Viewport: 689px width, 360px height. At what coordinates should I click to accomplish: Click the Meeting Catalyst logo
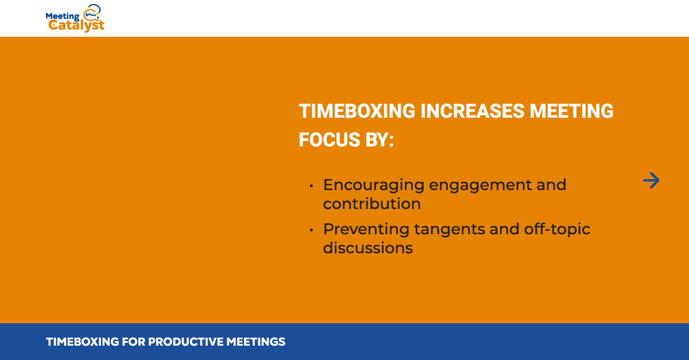coord(75,18)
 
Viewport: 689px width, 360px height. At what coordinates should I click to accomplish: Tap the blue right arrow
coord(651,180)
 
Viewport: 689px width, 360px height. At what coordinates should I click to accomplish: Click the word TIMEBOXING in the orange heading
coord(357,111)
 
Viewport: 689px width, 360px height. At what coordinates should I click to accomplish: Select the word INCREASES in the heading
coord(473,111)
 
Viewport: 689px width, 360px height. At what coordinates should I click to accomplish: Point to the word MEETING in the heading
coord(571,111)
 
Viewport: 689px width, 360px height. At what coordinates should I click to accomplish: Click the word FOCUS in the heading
coord(330,140)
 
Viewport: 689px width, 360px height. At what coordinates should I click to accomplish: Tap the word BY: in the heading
coord(380,140)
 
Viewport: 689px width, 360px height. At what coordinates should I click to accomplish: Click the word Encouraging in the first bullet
coord(374,185)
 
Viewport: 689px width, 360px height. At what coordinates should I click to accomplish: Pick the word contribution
coord(372,204)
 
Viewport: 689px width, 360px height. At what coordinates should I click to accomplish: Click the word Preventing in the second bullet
coord(366,230)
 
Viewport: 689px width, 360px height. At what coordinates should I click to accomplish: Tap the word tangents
coord(450,230)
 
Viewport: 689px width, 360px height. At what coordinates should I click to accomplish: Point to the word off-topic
coord(557,230)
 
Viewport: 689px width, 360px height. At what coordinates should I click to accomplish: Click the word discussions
coord(368,248)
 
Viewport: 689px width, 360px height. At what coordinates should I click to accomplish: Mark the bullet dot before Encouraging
coord(311,186)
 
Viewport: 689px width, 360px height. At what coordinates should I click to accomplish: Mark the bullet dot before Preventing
coord(311,230)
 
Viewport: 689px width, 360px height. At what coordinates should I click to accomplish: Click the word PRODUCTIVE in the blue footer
coord(186,342)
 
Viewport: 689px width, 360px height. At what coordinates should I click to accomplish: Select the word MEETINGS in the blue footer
coord(256,342)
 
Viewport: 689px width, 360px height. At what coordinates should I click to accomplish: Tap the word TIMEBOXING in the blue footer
coord(83,342)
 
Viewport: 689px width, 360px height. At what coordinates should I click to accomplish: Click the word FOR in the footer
coord(133,342)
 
